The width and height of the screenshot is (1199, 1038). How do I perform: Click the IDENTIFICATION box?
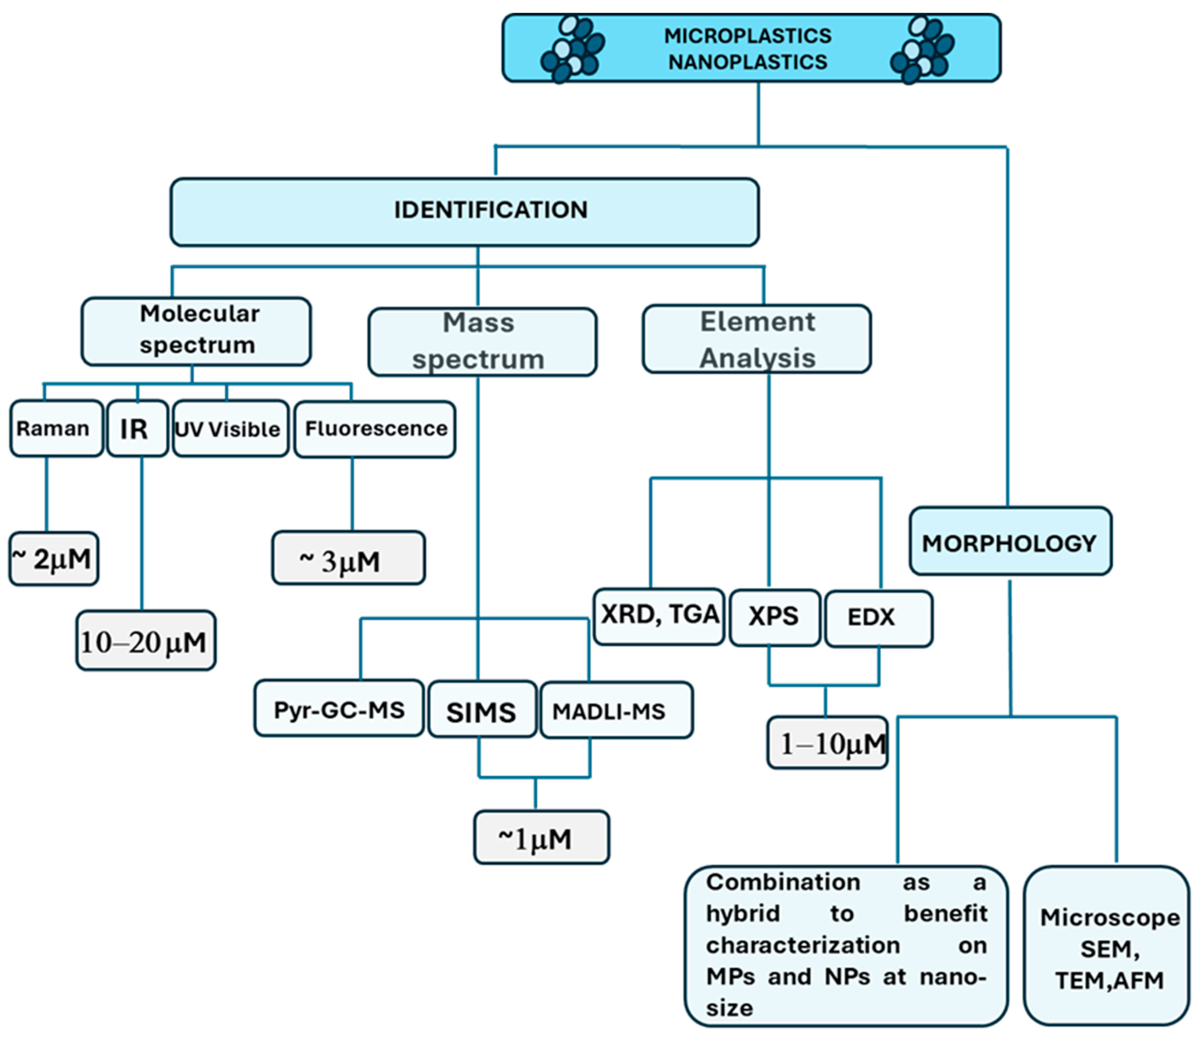(464, 212)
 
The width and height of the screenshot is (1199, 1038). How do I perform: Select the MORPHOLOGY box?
(1010, 541)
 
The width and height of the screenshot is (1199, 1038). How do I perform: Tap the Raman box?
(56, 428)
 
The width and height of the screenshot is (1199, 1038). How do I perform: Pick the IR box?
(137, 428)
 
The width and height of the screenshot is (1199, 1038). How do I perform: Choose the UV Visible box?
(231, 428)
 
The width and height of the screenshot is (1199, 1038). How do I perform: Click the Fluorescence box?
(375, 429)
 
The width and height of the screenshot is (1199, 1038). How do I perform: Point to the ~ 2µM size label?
(53, 558)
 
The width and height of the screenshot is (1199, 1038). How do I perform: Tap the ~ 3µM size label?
(348, 557)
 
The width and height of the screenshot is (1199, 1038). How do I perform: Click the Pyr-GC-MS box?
(339, 708)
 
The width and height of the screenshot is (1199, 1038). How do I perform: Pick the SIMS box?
(482, 709)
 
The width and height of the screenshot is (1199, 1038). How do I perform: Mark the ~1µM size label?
(541, 837)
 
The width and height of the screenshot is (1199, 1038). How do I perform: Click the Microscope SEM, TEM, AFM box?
(1106, 946)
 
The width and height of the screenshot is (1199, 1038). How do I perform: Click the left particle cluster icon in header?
(572, 49)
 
